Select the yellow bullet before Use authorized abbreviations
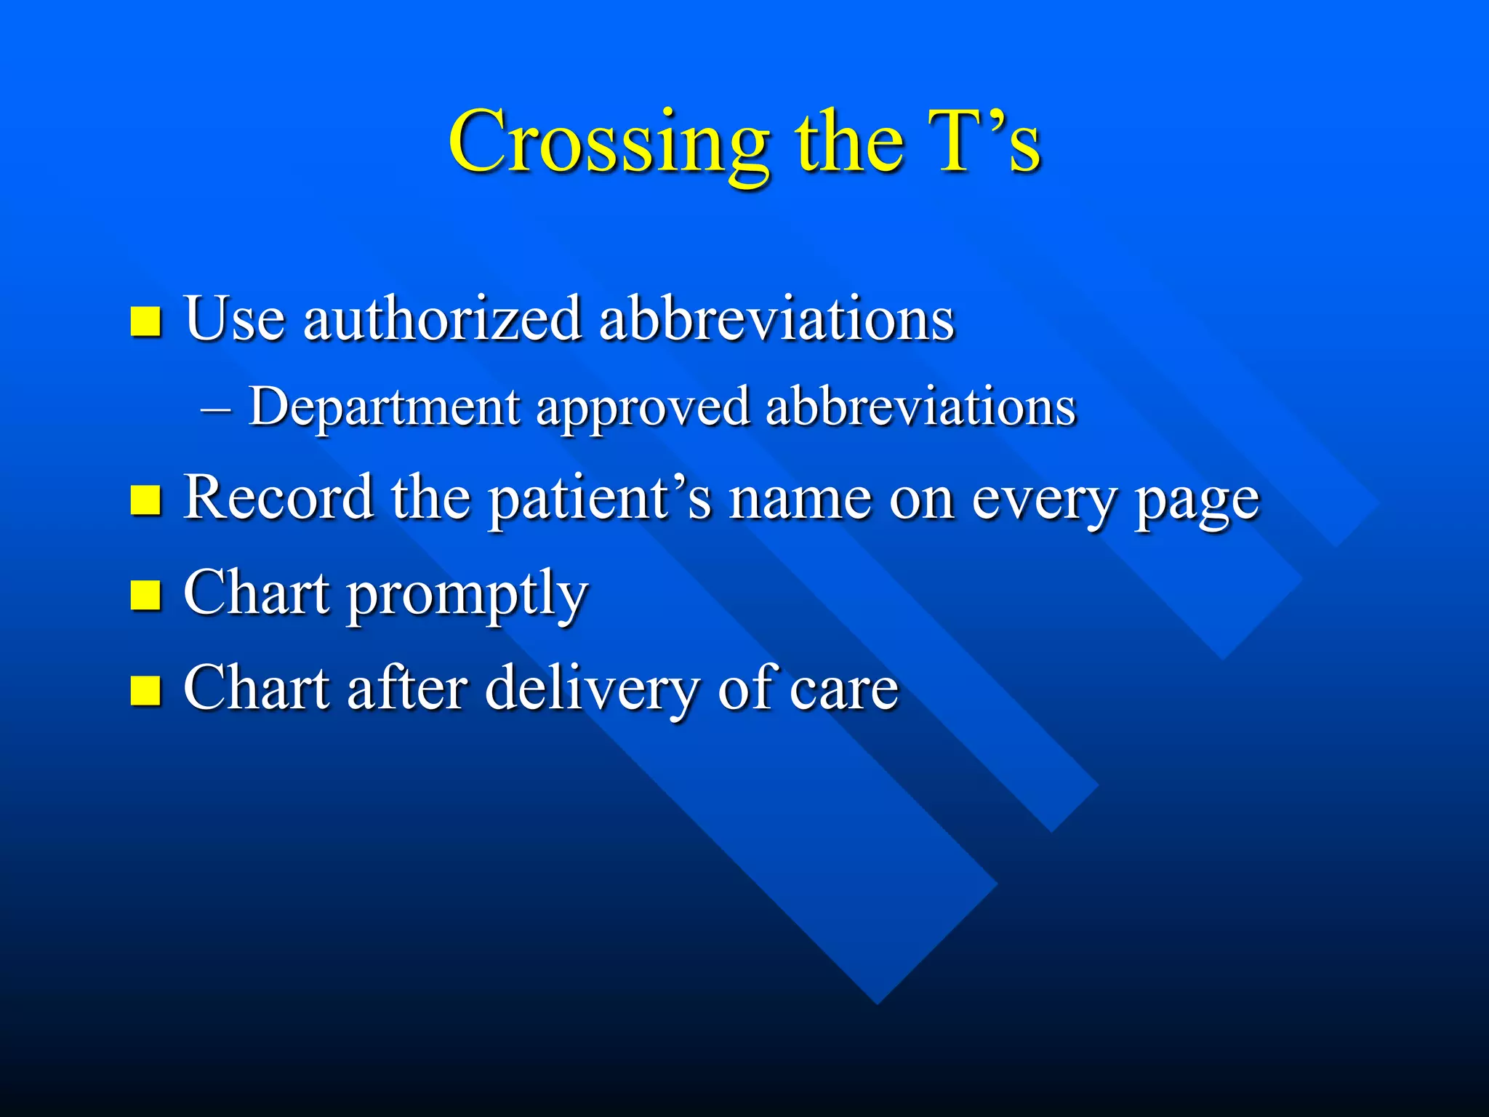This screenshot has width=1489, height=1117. [x=145, y=321]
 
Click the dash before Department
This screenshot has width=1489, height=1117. [x=216, y=409]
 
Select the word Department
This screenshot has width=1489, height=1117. [x=384, y=407]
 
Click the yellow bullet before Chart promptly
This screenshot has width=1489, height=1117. [x=145, y=594]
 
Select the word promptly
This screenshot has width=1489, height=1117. [x=466, y=595]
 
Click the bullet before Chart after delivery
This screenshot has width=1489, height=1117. [x=145, y=690]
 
